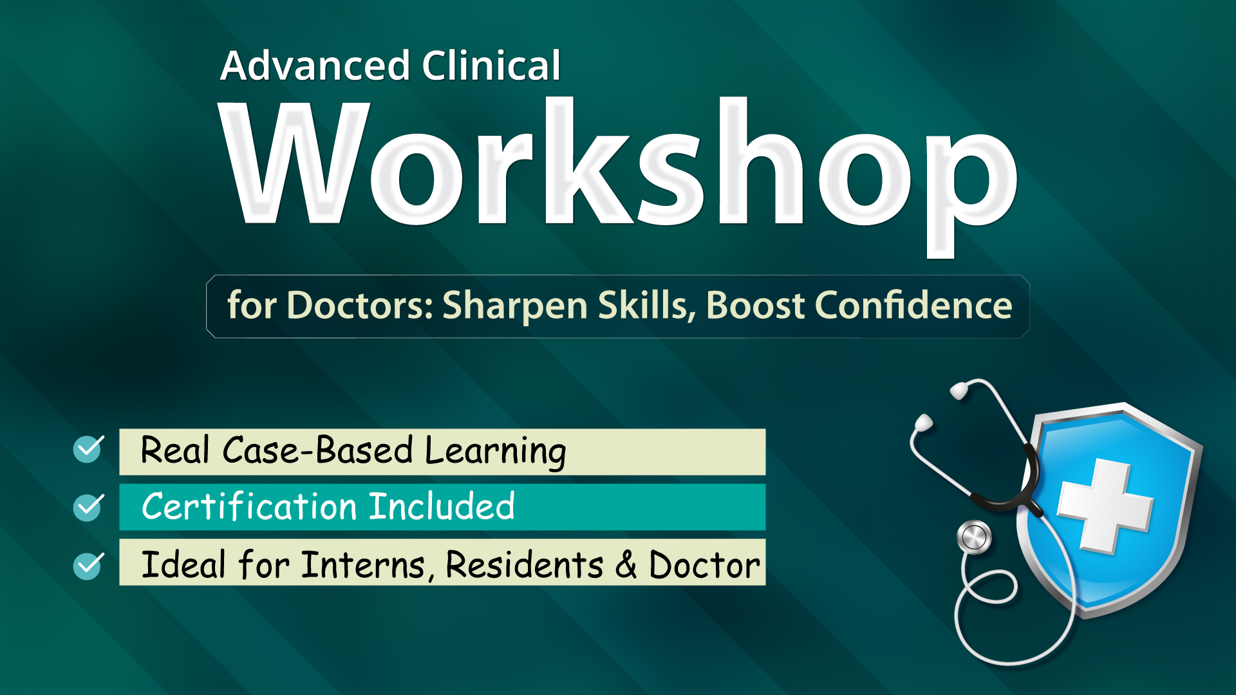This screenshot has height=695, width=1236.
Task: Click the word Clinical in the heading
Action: coord(491,66)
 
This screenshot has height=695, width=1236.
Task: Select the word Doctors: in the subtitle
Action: coord(360,305)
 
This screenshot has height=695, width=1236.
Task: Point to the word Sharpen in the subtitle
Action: coord(515,306)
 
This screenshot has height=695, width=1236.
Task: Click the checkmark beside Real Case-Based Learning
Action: coord(88,449)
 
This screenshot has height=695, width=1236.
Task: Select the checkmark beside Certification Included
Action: coord(88,506)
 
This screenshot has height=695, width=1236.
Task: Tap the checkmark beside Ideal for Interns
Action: coord(88,566)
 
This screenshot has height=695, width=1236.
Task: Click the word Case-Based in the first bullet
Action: coord(317,450)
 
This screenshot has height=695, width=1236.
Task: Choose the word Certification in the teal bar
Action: coord(250,506)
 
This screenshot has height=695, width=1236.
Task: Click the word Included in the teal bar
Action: coord(442,506)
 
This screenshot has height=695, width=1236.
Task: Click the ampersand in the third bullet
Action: coord(626,566)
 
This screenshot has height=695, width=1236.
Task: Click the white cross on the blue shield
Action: coord(1105,506)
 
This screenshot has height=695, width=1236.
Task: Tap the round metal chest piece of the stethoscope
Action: coord(974,537)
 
